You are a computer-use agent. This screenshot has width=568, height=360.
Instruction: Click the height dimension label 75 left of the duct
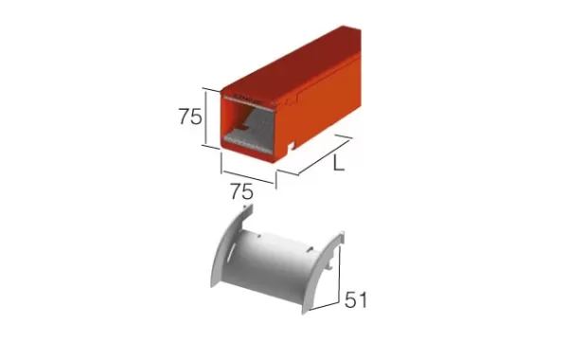190,117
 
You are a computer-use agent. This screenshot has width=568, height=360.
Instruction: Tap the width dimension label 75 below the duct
242,191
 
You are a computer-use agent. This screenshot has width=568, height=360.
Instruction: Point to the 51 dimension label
355,300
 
